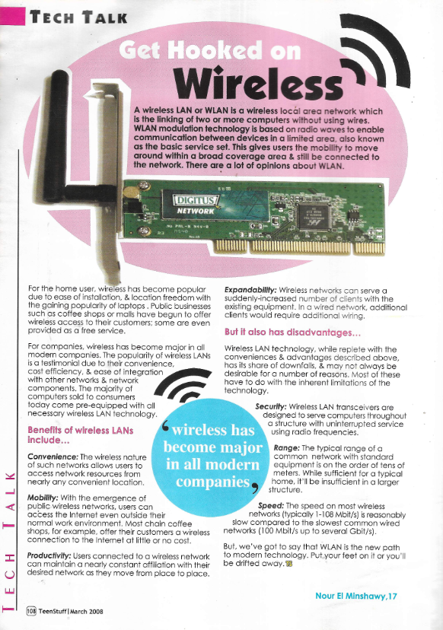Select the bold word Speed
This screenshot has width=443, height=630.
point(272,505)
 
